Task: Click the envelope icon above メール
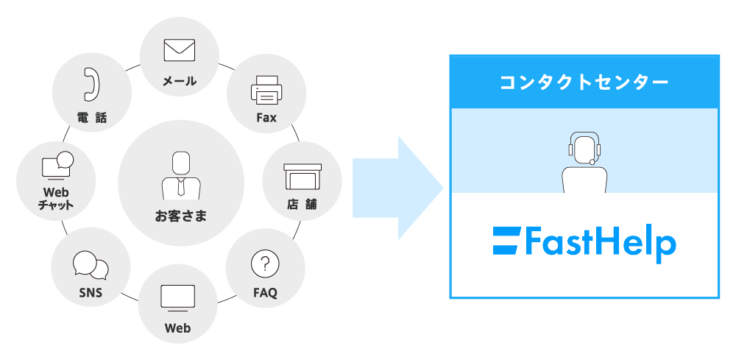pos(179,50)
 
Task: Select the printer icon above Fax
pos(266,91)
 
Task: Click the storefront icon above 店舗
pos(302,177)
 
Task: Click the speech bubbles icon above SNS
pos(91,267)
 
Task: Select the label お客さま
pos(180,216)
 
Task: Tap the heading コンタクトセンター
pos(584,82)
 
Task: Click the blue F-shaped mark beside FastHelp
pos(506,241)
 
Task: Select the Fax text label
pos(266,117)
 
